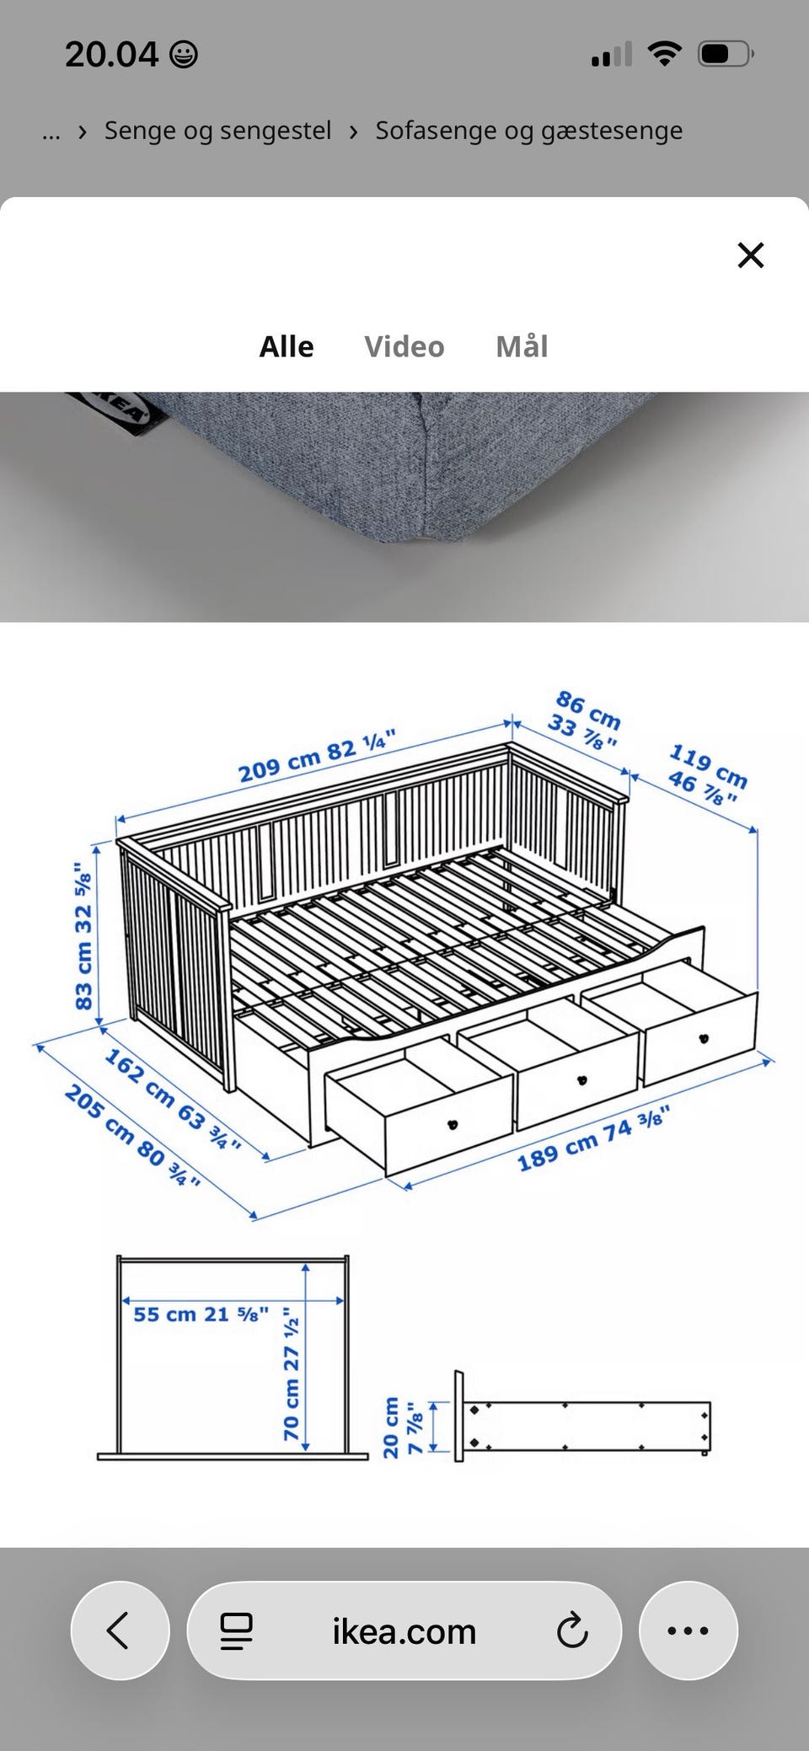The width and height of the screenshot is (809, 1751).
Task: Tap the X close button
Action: [750, 254]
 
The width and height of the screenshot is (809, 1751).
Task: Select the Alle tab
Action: [287, 346]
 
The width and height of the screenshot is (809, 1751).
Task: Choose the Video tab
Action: [404, 346]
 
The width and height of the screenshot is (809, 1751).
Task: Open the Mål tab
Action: [522, 346]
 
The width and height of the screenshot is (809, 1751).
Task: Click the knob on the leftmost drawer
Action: [453, 1123]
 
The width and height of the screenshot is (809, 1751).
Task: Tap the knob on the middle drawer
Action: [581, 1080]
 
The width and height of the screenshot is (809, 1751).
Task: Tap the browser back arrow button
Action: [120, 1631]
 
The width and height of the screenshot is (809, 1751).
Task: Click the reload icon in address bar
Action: [572, 1631]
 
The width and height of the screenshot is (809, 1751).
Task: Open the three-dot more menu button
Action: [688, 1631]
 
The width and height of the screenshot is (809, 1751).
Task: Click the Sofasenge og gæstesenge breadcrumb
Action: [529, 131]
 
